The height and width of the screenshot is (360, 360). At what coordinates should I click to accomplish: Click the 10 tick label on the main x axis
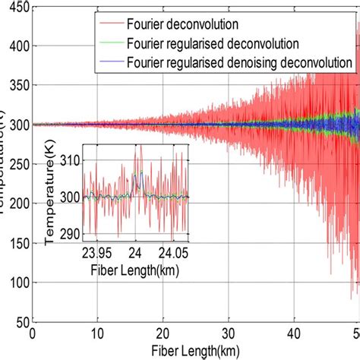(97, 333)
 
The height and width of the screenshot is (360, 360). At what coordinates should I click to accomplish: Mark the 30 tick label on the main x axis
(228, 333)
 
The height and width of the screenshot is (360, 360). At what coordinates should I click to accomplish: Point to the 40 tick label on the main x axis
(293, 333)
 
